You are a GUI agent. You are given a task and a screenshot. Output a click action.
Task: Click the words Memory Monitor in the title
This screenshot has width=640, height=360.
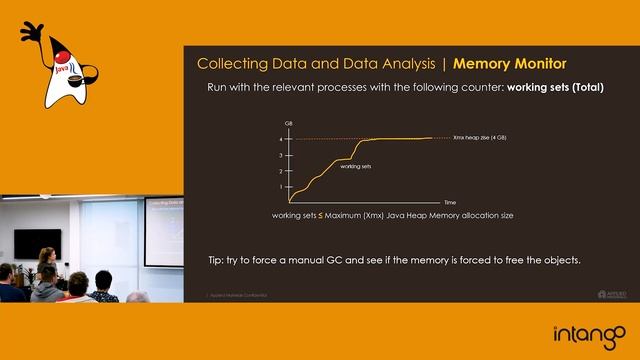(510, 64)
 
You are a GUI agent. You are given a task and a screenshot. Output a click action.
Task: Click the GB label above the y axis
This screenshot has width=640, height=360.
(288, 123)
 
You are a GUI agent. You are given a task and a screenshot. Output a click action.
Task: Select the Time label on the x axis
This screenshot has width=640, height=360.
(450, 202)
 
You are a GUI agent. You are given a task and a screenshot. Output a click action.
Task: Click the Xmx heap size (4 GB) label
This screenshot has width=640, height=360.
(479, 138)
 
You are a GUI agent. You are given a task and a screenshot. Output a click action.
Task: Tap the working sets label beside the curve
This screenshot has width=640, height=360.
(356, 166)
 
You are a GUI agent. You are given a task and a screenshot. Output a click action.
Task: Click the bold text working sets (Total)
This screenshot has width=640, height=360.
(555, 88)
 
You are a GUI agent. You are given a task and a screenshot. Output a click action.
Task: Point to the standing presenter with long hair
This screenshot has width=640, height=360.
(46, 263)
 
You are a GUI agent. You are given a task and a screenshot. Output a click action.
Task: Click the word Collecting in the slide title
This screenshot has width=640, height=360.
(232, 64)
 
